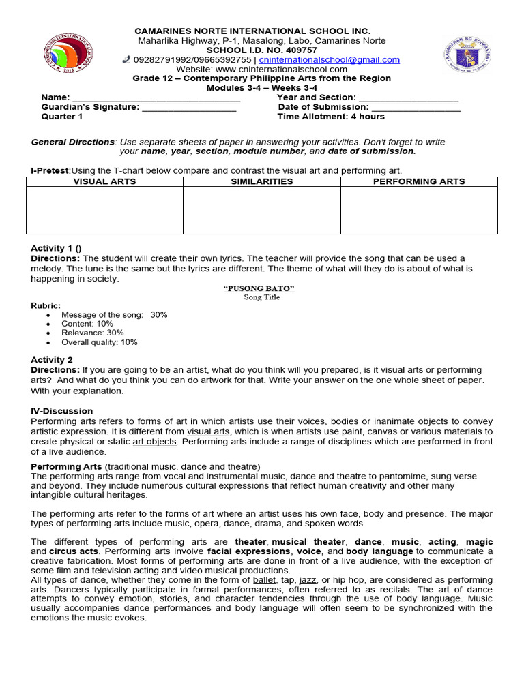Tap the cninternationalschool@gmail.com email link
pyautogui.click(x=329, y=60)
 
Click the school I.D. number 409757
pyautogui.click(x=300, y=50)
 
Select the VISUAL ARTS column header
pyautogui.click(x=104, y=181)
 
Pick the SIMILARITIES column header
pyautogui.click(x=261, y=181)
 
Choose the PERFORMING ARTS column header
pyautogui.click(x=419, y=181)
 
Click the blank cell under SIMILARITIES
pyautogui.click(x=261, y=210)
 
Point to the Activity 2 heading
pyautogui.click(x=51, y=359)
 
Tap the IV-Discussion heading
pyautogui.click(x=61, y=411)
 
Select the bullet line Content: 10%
pyautogui.click(x=87, y=324)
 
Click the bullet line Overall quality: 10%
pyautogui.click(x=99, y=342)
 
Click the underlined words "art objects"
pyautogui.click(x=154, y=442)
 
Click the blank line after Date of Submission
pyautogui.click(x=416, y=108)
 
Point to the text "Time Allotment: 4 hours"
pyautogui.click(x=331, y=117)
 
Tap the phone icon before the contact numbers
pyautogui.click(x=126, y=59)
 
